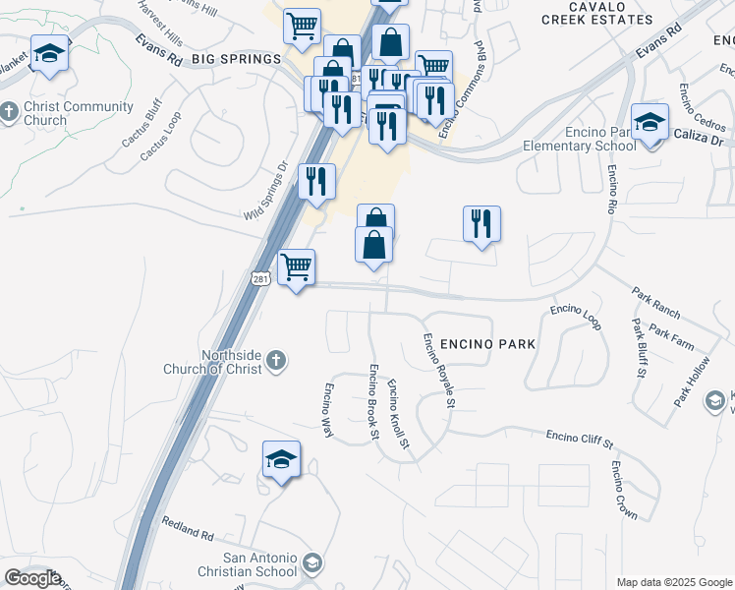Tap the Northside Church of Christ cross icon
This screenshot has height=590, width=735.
tap(275, 361)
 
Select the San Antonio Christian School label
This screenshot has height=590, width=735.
tap(249, 564)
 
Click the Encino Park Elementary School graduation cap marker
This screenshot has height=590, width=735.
tap(649, 124)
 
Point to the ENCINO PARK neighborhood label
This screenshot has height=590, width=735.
tap(487, 344)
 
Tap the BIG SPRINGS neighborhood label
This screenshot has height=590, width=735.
tap(236, 60)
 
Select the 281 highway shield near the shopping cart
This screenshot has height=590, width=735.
tap(260, 280)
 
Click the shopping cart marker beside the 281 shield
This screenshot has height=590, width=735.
tap(296, 266)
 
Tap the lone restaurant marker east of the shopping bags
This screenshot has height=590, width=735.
tap(481, 223)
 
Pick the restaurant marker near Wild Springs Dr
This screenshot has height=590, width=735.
tap(316, 181)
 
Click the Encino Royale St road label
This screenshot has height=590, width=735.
tap(438, 370)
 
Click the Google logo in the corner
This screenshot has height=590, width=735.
tap(32, 578)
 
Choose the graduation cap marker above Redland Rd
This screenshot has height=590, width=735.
tap(281, 459)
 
